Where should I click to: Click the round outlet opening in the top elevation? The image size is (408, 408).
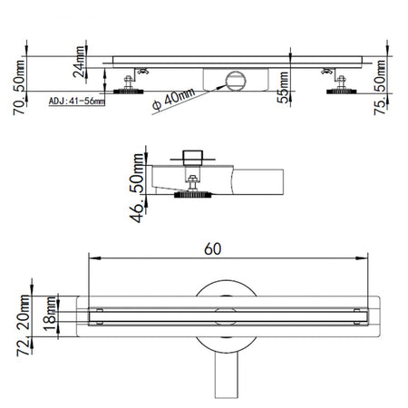233,80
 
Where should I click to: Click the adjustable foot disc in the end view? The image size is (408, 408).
191,193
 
